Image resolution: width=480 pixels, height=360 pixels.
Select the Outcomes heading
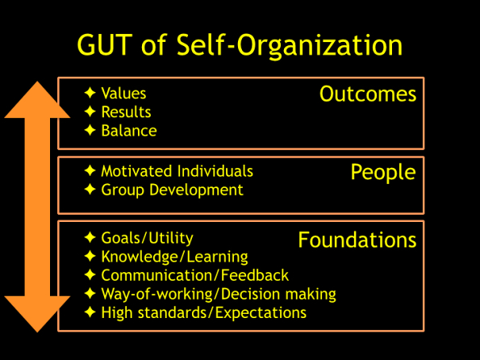click(x=368, y=94)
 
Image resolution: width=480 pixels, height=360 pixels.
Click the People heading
click(x=383, y=172)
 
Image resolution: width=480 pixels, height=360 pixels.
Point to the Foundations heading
click(x=357, y=240)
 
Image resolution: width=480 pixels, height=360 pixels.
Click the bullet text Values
click(x=123, y=94)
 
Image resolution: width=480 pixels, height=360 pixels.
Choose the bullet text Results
click(x=126, y=112)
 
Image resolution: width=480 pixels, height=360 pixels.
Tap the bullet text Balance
click(x=129, y=131)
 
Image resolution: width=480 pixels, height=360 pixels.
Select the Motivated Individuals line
click(x=177, y=171)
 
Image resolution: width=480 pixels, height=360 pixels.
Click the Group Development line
click(x=172, y=190)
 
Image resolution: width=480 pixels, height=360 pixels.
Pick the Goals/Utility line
click(x=147, y=237)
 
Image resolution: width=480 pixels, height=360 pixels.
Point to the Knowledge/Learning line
click(x=174, y=257)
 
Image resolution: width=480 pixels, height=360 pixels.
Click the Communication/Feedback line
click(x=194, y=275)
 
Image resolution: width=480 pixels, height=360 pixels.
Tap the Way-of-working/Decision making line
click(x=218, y=294)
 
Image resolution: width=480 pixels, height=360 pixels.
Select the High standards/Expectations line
click(x=203, y=312)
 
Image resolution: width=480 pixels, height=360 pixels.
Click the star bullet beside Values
click(x=90, y=94)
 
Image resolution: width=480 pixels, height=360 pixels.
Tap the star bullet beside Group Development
click(x=90, y=190)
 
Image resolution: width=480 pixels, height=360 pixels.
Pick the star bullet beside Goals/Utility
click(x=90, y=238)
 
